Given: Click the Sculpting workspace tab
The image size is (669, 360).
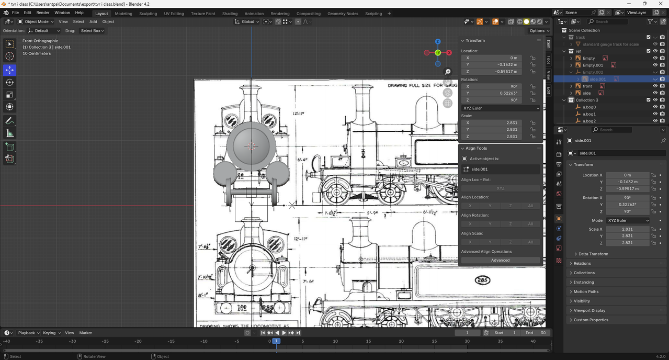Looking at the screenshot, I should pyautogui.click(x=148, y=14).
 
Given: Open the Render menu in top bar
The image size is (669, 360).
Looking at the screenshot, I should pyautogui.click(x=43, y=13).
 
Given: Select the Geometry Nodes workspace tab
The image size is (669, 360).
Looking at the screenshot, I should pyautogui.click(x=343, y=14).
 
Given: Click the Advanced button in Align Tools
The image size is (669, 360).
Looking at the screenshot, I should pyautogui.click(x=500, y=260).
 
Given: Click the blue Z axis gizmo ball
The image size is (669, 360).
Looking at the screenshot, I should pyautogui.click(x=438, y=41).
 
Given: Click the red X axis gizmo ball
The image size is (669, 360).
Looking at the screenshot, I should pyautogui.click(x=449, y=52).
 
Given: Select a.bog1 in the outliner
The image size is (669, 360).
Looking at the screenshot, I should pyautogui.click(x=589, y=114).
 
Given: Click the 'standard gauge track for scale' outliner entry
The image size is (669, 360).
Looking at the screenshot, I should pyautogui.click(x=610, y=44).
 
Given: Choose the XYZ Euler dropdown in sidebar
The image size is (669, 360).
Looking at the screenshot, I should pyautogui.click(x=500, y=108).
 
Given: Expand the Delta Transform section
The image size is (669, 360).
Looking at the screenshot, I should pyautogui.click(x=593, y=254).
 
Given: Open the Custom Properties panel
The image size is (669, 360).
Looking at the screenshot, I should pyautogui.click(x=591, y=320).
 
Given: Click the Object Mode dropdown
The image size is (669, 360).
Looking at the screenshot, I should pyautogui.click(x=36, y=22).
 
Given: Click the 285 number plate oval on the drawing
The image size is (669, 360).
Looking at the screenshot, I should pyautogui.click(x=483, y=280).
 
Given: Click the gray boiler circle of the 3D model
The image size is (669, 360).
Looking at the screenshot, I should pyautogui.click(x=251, y=146).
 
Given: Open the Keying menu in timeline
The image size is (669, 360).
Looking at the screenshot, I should pyautogui.click(x=51, y=333).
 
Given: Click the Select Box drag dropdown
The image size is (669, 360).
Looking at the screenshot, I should pyautogui.click(x=92, y=31).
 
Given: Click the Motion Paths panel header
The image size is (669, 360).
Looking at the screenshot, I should pyautogui.click(x=586, y=291).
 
